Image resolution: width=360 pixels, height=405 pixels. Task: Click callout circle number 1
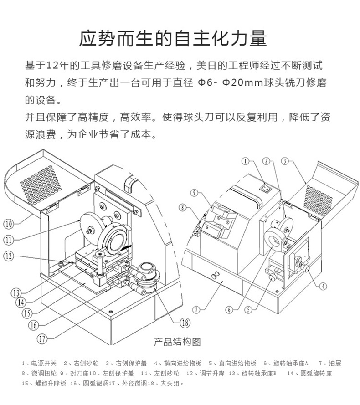(x=246, y=161)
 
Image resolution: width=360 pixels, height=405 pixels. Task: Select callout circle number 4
(x=323, y=287)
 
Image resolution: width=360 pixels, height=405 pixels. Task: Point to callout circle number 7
(x=196, y=310)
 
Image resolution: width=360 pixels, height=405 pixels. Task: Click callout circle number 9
(x=194, y=193)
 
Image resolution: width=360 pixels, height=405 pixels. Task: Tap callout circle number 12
(x=10, y=256)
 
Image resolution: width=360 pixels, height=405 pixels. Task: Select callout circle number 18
(x=184, y=323)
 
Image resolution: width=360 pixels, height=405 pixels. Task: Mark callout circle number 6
(x=230, y=310)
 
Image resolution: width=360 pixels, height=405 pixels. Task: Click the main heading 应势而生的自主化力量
(x=173, y=39)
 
